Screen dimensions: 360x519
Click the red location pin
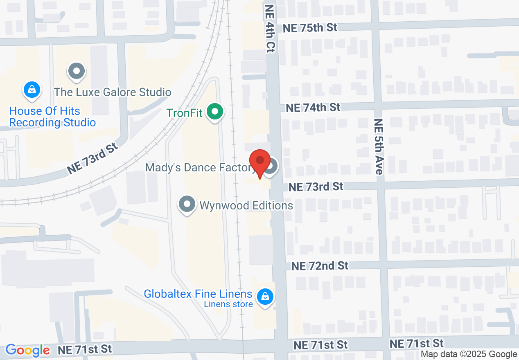click(260, 162)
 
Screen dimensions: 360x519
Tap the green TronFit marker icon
click(214, 112)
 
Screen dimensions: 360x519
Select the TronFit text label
click(185, 112)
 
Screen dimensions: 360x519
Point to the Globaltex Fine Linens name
click(198, 294)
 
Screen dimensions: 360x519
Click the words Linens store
click(228, 304)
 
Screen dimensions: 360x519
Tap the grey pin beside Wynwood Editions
click(187, 204)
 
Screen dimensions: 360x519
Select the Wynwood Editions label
click(246, 205)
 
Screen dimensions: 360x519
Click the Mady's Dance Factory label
click(200, 167)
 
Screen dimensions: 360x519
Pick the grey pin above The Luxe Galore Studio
click(76, 72)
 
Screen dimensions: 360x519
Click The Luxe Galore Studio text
click(113, 92)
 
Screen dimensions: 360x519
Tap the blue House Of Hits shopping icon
click(32, 90)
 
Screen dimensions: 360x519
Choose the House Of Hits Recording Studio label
click(52, 117)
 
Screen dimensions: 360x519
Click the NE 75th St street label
click(310, 27)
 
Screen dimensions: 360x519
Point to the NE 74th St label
click(313, 107)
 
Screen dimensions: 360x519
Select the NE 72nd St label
click(320, 266)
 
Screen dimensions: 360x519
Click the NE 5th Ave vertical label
click(379, 146)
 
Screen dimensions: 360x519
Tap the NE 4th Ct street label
click(271, 29)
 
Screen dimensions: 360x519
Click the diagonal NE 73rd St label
click(93, 158)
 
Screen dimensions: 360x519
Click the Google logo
click(27, 351)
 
